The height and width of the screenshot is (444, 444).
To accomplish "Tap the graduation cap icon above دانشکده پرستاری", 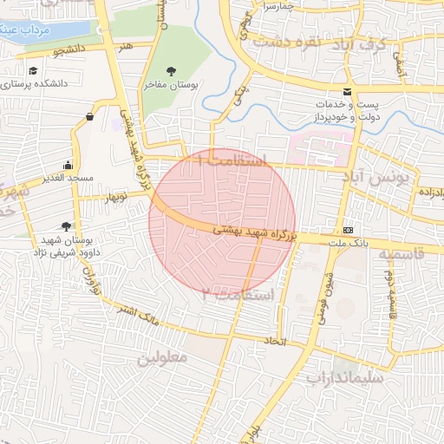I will (33, 71).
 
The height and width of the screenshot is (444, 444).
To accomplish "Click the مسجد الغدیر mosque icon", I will (69, 165).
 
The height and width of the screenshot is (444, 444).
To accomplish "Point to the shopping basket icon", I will (90, 116).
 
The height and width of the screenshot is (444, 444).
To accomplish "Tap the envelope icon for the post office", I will (348, 92).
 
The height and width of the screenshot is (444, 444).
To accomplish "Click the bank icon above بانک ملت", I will (348, 230).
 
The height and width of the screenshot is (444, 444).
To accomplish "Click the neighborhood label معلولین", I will (162, 356).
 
